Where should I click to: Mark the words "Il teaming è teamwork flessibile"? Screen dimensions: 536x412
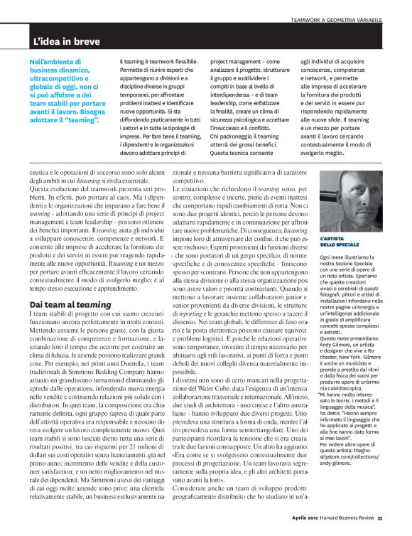(148, 63)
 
